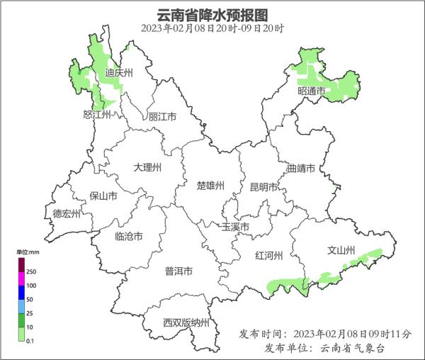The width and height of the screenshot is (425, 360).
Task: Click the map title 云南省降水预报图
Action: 212,14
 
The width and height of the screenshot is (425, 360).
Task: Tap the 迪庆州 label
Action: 119,72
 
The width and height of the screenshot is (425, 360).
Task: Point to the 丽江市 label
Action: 162,117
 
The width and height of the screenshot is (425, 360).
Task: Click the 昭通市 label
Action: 311,91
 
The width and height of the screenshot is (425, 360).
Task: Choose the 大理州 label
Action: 147,167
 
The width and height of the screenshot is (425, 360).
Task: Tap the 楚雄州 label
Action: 210,186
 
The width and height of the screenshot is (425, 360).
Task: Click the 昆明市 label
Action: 264,187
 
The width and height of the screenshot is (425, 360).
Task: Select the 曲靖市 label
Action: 302,169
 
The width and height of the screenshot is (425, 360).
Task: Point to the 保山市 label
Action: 103,196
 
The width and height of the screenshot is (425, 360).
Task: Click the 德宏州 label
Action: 67,213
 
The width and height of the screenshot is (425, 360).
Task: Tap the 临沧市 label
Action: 128,236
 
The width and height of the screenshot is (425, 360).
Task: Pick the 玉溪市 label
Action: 235,227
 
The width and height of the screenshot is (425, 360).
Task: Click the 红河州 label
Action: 269,256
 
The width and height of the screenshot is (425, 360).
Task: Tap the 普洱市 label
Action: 178,271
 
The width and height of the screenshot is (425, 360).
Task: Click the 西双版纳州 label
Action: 186,322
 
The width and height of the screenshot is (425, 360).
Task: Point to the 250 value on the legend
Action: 31,271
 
